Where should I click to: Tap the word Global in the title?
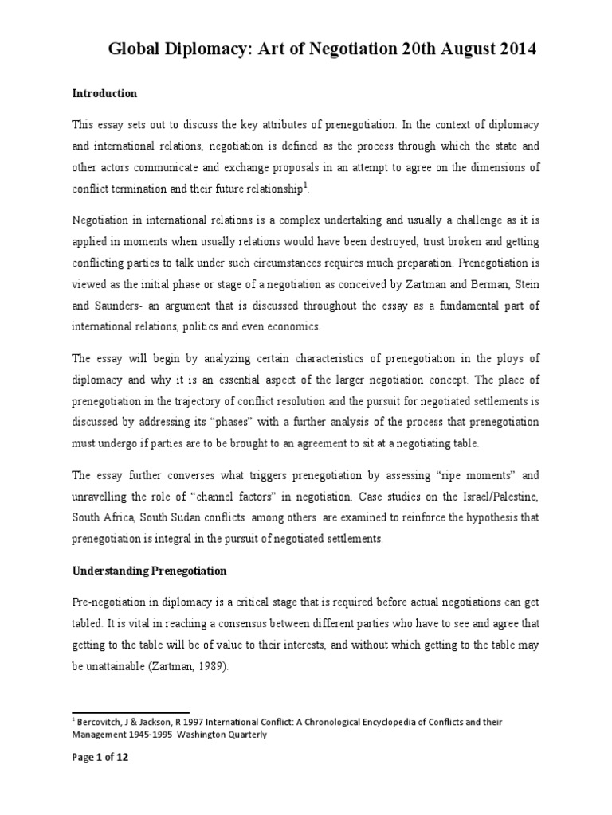[x=138, y=49]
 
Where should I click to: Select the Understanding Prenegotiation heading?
[x=150, y=571]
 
